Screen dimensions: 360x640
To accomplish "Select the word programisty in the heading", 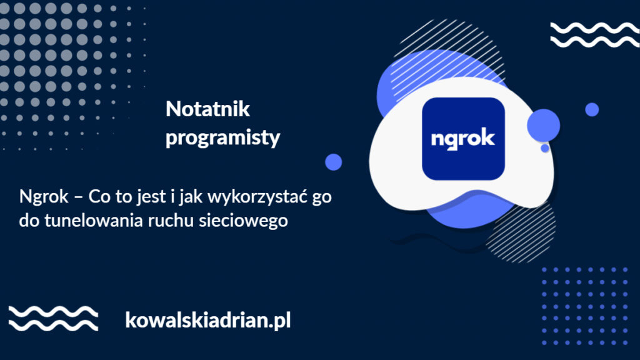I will coord(222,138).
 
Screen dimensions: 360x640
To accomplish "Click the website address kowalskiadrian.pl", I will coord(207,321).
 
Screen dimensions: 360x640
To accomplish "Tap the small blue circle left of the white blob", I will coord(334,162).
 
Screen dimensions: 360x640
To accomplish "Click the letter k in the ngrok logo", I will coord(488,137).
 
